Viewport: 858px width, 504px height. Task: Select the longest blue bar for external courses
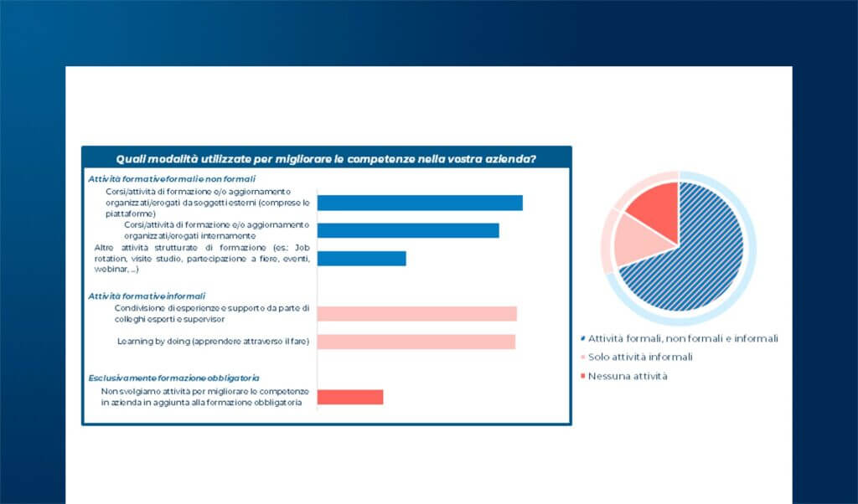pyautogui.click(x=420, y=203)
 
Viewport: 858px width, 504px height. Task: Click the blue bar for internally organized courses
pyautogui.click(x=408, y=230)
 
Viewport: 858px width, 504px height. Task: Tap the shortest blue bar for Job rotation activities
pyautogui.click(x=361, y=259)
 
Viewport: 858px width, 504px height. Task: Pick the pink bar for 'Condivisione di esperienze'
pyautogui.click(x=416, y=313)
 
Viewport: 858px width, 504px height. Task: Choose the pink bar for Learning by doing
pyautogui.click(x=416, y=342)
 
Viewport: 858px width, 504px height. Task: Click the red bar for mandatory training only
pyautogui.click(x=349, y=397)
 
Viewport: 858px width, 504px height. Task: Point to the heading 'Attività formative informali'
pyautogui.click(x=147, y=296)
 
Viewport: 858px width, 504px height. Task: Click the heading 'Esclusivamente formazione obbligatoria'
pyautogui.click(x=174, y=378)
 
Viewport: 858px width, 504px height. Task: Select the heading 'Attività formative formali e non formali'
pyautogui.click(x=172, y=179)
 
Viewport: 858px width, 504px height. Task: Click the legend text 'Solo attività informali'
pyautogui.click(x=641, y=357)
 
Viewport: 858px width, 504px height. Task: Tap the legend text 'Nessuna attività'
pyautogui.click(x=628, y=376)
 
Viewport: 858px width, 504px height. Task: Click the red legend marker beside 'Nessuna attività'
pyautogui.click(x=582, y=376)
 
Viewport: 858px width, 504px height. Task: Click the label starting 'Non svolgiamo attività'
pyautogui.click(x=205, y=397)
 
